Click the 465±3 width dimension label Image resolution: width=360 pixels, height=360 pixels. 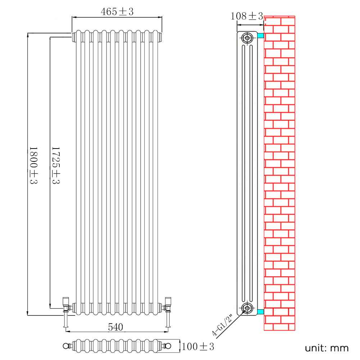117,12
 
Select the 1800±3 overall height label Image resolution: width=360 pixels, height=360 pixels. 33,165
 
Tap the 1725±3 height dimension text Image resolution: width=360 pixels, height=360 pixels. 56,165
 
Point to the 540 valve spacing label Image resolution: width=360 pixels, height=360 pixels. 116,327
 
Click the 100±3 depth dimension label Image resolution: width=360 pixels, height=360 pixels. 198,347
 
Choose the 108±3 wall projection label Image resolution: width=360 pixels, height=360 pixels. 247,16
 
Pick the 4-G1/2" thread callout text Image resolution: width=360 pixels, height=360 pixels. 223,325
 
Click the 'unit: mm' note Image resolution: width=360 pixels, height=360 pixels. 327,348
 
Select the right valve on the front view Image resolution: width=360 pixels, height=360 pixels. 168,304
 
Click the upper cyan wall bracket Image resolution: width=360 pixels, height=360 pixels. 260,36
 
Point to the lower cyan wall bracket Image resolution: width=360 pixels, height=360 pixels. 260,311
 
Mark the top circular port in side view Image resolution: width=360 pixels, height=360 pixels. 247,38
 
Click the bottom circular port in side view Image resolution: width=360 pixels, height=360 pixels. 247,308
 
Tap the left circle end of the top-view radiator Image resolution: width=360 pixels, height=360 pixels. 65,346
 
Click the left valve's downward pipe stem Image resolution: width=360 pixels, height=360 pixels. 65,320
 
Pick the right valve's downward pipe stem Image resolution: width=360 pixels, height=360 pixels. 168,320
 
